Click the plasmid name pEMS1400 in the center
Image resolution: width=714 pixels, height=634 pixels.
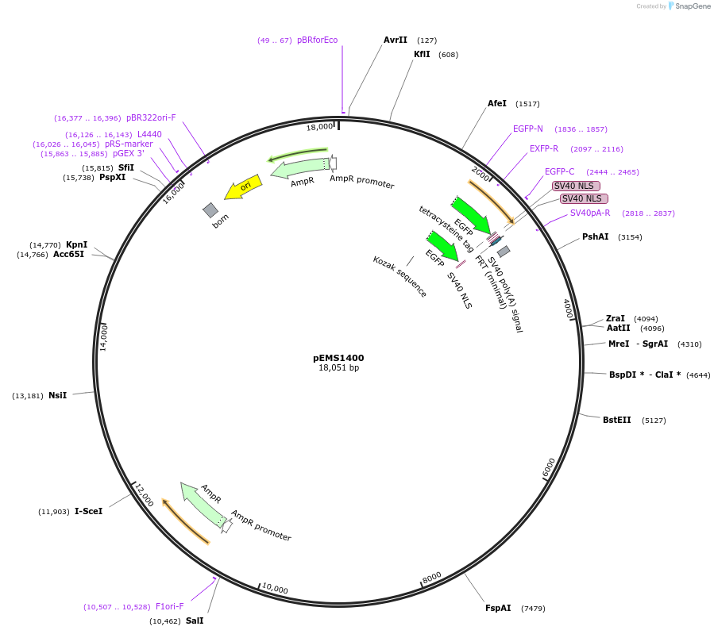338,358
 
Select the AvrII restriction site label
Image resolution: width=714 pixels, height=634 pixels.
395,40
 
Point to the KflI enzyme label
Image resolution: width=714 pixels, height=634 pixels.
422,54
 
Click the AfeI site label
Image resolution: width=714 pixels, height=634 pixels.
497,103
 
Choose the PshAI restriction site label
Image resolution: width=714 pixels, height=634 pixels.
595,236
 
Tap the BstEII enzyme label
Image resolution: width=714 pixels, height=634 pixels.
616,420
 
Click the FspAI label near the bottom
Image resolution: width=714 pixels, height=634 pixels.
498,608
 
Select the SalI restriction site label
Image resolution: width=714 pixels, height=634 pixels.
195,621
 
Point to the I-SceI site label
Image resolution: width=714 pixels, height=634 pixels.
88,511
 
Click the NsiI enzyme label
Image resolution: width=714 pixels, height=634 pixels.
57,395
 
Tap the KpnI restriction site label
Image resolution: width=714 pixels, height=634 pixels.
76,244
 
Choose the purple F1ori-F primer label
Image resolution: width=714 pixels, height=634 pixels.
169,606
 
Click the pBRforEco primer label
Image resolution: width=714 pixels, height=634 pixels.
317,40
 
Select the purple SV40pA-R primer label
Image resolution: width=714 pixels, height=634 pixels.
590,213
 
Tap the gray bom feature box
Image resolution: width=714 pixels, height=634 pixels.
210,209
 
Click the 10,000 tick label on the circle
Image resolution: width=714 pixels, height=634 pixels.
275,589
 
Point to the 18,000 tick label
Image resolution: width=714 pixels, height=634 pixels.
320,127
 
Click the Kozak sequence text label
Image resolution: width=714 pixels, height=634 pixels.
399,276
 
